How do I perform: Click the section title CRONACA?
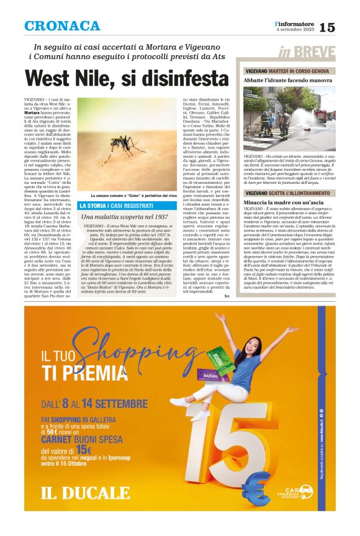pos(61,26)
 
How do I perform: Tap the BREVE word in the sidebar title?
pos(316,53)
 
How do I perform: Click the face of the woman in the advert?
pos(252,342)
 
